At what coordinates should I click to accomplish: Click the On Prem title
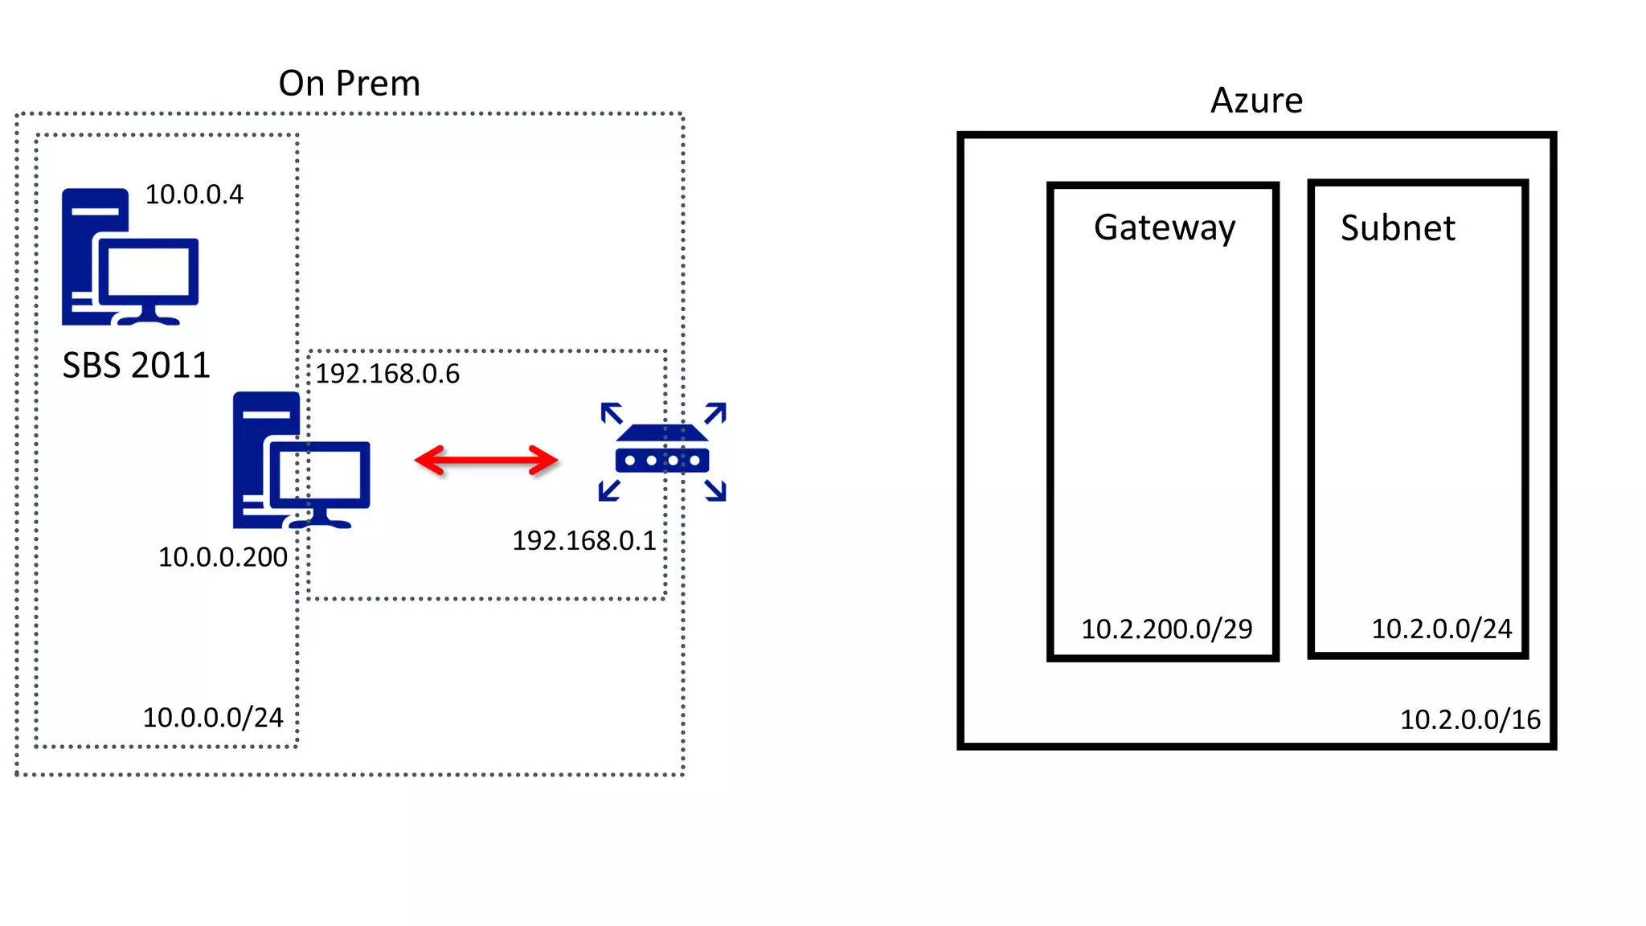click(349, 84)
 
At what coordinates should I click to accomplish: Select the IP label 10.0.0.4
click(194, 195)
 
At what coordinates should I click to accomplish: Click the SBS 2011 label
click(136, 366)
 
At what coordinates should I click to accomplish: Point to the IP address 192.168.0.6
click(387, 374)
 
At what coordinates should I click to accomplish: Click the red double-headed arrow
click(485, 461)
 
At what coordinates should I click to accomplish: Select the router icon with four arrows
click(662, 452)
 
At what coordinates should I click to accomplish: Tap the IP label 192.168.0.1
click(584, 541)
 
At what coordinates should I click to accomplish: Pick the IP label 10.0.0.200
click(223, 557)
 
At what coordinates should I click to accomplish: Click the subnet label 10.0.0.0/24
click(213, 717)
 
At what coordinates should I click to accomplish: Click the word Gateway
click(1164, 228)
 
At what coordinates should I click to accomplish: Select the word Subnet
click(1398, 228)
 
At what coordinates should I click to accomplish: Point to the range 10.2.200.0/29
click(1166, 629)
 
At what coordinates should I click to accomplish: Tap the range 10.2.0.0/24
click(1441, 629)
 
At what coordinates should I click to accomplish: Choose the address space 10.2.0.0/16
click(1470, 719)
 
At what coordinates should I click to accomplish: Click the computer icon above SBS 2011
click(129, 257)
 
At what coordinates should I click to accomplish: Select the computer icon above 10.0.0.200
click(301, 460)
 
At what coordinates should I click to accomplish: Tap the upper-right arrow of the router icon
click(715, 413)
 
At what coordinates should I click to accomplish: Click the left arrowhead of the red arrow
click(428, 461)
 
